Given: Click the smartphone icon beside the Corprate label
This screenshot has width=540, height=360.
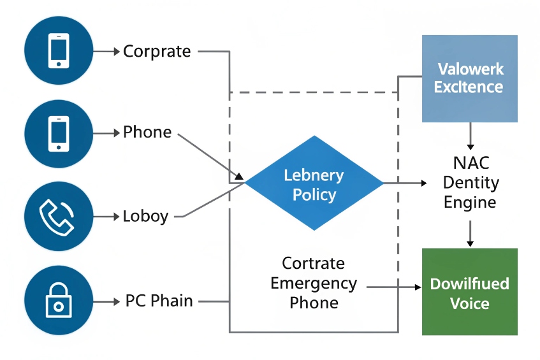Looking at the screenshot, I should click(x=58, y=51).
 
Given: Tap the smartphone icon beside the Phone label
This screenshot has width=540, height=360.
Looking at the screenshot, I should click(x=58, y=133).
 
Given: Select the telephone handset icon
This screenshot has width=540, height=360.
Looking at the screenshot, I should click(x=58, y=216).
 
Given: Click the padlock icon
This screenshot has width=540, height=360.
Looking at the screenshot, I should click(x=58, y=300).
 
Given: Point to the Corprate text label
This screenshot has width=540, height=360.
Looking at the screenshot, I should click(x=157, y=51).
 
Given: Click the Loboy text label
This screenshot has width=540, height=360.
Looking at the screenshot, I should click(x=145, y=216).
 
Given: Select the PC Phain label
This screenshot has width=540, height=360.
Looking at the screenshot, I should click(x=159, y=300).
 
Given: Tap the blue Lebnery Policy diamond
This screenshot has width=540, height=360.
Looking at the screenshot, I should click(x=314, y=184).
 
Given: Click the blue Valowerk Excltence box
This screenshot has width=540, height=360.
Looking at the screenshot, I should click(x=470, y=78).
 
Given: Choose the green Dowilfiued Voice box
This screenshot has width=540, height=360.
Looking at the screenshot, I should click(x=470, y=292).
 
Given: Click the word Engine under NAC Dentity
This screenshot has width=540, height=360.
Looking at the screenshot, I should click(x=470, y=203).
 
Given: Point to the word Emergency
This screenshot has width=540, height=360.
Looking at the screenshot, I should click(x=314, y=283).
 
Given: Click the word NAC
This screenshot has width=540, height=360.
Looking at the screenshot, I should click(x=470, y=163).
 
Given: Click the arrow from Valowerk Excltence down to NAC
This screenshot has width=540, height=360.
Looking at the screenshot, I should click(x=470, y=136).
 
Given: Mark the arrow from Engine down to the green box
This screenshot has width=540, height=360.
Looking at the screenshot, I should click(x=470, y=233).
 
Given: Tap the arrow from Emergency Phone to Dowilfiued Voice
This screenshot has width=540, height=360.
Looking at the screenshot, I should click(x=396, y=287).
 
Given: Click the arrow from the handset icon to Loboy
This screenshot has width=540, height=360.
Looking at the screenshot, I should click(x=107, y=216).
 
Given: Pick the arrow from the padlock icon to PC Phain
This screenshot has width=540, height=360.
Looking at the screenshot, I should click(x=107, y=300).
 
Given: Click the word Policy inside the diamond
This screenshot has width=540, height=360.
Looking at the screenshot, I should click(x=314, y=194).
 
